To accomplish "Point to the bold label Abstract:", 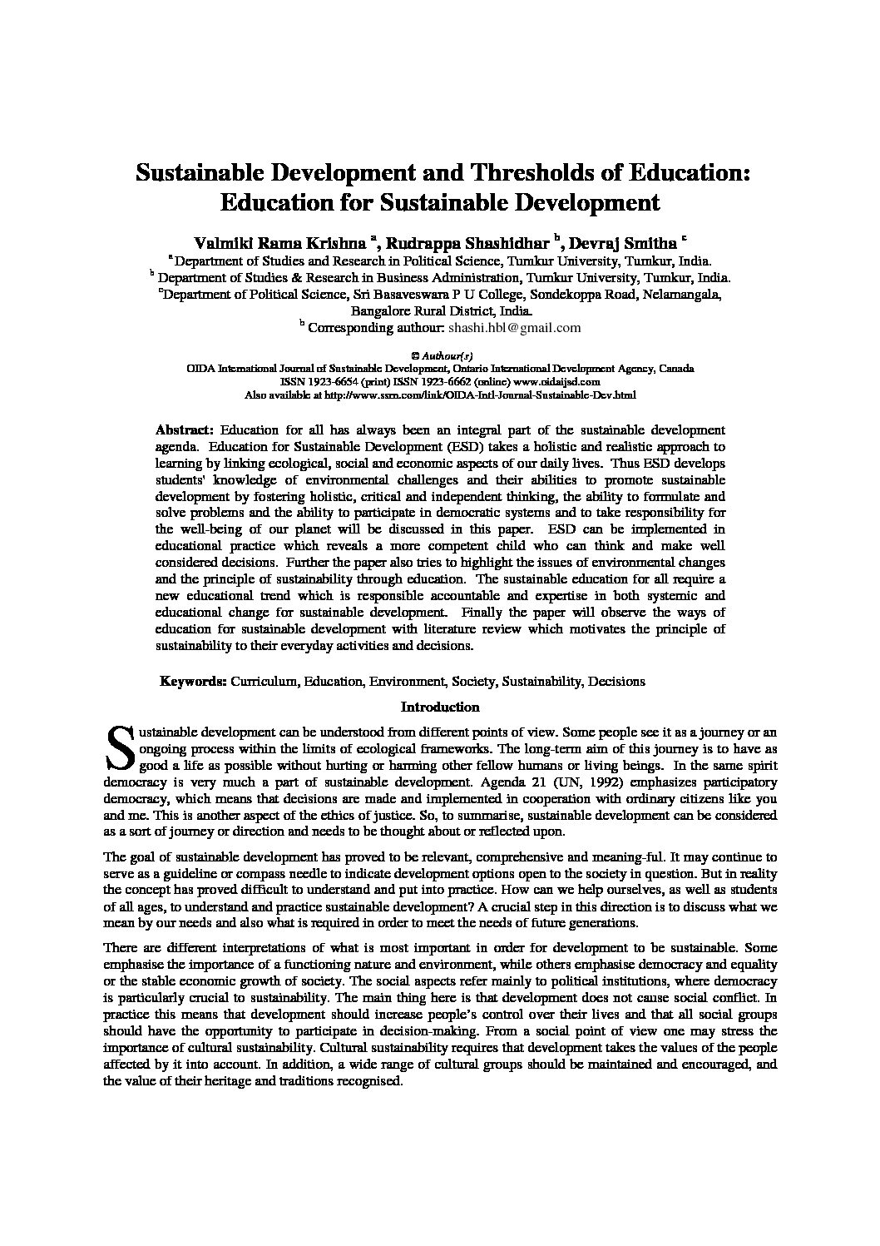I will click(x=185, y=430).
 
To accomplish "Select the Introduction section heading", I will click(x=440, y=707).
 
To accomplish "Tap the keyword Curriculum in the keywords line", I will click(x=264, y=682).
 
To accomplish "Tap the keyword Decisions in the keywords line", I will click(x=616, y=682).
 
